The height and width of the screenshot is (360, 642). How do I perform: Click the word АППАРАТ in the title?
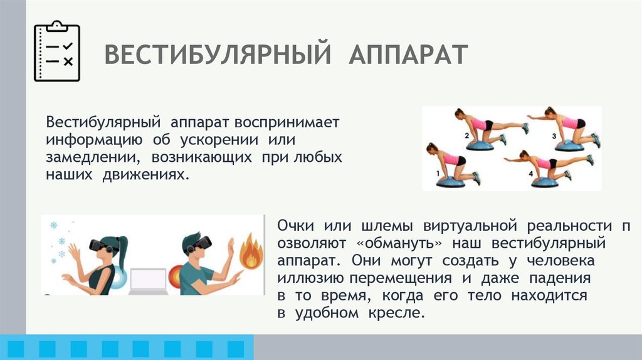tap(408, 55)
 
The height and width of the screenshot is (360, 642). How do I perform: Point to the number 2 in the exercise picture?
tap(467, 135)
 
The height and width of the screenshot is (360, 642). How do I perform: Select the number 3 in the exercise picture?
tap(554, 135)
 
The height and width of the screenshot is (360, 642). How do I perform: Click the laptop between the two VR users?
tap(149, 280)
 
